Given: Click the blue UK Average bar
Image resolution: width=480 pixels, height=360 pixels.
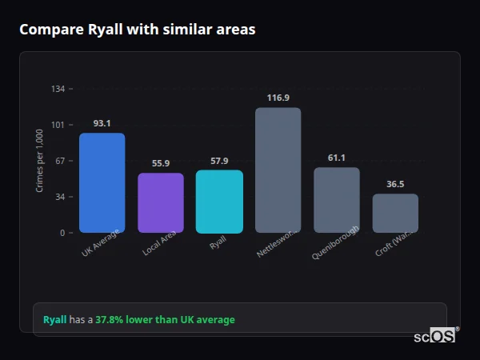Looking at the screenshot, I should pos(102,182).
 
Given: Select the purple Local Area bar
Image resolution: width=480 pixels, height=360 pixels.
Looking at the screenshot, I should pos(160,202).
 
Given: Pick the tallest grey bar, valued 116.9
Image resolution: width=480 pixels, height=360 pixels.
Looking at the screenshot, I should pos(278,170).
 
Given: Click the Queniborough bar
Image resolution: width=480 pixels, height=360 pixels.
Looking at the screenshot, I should pos(336,200).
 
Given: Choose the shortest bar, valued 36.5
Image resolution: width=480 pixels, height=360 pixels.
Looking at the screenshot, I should pos(395,213).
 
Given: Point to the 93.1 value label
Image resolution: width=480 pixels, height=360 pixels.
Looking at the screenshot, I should pos(102,124).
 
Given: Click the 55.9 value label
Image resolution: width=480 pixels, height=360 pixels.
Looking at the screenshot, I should pos(160,163).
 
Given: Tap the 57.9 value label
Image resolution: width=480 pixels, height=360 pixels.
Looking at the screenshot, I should pos(219,161).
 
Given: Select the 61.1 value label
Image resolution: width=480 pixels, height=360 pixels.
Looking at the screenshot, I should pos(336,158).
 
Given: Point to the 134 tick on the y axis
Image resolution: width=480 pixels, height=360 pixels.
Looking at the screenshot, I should pos(58,89).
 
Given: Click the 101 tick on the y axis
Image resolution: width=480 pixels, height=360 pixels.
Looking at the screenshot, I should pos(58,125).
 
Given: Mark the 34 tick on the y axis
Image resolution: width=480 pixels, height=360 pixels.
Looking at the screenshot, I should pos(59,197).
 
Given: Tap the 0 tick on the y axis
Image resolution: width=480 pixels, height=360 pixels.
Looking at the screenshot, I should pos(62,233).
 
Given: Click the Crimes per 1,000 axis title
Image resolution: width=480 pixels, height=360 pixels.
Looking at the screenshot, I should pos(40,161).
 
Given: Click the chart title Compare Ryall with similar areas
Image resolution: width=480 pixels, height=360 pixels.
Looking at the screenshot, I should pos(138,30).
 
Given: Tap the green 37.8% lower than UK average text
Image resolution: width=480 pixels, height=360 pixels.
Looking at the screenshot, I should pos(165,320).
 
